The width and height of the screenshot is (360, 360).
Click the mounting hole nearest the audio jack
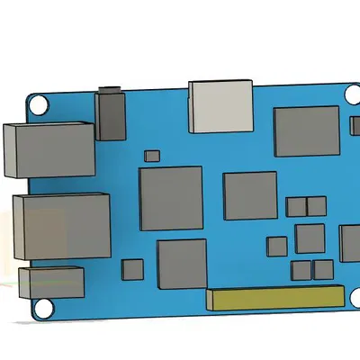(40, 103)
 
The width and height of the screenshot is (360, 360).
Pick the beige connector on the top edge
(220, 105)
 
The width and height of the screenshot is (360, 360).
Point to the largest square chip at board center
(170, 198)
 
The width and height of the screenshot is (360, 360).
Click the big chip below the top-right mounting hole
(307, 131)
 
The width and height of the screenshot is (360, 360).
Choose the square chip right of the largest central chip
(249, 195)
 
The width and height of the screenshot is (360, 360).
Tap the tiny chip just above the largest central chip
(151, 156)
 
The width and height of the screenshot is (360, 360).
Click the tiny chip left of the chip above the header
(132, 269)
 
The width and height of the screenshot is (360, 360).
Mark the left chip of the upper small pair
(296, 206)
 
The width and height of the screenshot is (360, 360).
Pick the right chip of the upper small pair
(316, 206)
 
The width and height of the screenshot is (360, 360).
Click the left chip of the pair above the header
(301, 269)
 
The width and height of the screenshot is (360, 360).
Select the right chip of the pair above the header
(322, 269)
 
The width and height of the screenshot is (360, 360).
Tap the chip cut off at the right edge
(350, 243)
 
